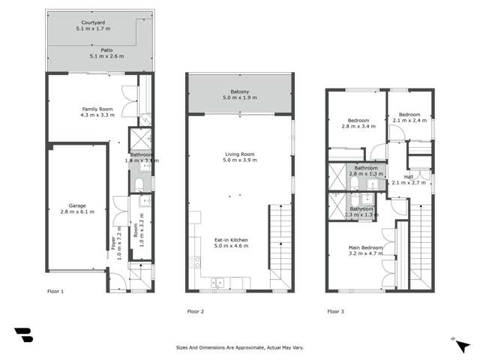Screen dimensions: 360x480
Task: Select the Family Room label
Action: pyautogui.click(x=97, y=112)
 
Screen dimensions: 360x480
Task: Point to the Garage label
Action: pyautogui.click(x=76, y=208)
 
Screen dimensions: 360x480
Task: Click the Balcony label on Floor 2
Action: pyautogui.click(x=240, y=94)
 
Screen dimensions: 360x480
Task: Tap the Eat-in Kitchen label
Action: pyautogui.click(x=231, y=243)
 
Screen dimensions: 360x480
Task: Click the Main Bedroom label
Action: pyautogui.click(x=365, y=250)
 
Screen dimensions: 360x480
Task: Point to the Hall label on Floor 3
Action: pyautogui.click(x=409, y=179)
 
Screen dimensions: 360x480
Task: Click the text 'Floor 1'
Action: pyautogui.click(x=55, y=290)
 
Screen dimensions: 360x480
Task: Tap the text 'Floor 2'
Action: pyautogui.click(x=195, y=310)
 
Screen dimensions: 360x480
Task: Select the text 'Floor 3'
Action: pyautogui.click(x=335, y=310)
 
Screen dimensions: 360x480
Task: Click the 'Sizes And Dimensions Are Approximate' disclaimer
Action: pyautogui.click(x=239, y=348)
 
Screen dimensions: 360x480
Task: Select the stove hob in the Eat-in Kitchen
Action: pyautogui.click(x=195, y=262)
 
